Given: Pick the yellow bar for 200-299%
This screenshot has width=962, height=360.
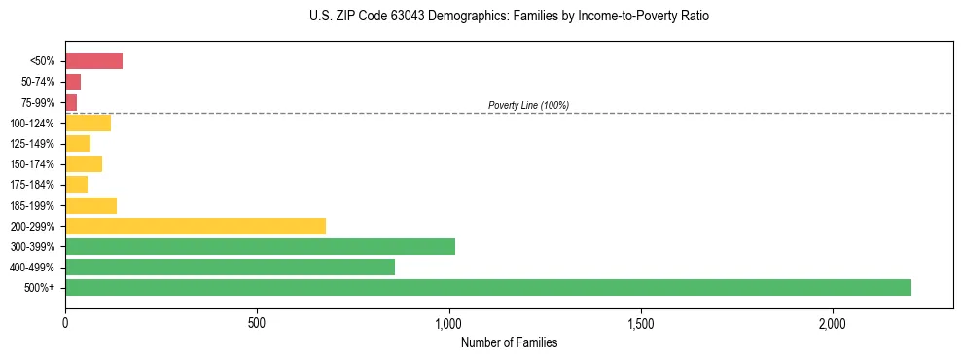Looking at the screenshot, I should [196, 226].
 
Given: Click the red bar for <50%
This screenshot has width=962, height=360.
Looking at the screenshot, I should [93, 61].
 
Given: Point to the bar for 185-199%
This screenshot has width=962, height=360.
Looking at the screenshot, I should [90, 205].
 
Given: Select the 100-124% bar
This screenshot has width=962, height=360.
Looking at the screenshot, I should [88, 123].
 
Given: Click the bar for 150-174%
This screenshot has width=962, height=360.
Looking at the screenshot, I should [84, 163].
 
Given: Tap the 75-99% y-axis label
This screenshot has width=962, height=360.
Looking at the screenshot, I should [38, 103].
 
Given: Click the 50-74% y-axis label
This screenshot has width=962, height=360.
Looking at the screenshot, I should [38, 82].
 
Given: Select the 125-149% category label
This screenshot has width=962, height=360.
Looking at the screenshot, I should [32, 144].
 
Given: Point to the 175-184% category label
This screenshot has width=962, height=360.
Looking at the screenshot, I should [32, 185].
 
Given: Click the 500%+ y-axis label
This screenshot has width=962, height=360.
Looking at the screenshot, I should [39, 288].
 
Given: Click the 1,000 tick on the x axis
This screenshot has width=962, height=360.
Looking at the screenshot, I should [449, 323].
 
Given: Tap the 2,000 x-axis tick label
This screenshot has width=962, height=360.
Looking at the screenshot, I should [834, 323].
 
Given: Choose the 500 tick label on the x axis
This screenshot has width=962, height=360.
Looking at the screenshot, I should [257, 323].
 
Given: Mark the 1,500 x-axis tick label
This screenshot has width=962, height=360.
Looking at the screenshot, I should [641, 323].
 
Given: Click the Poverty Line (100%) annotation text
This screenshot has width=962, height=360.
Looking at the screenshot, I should [528, 105].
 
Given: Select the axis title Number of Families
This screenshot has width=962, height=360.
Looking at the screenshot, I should [509, 342].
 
